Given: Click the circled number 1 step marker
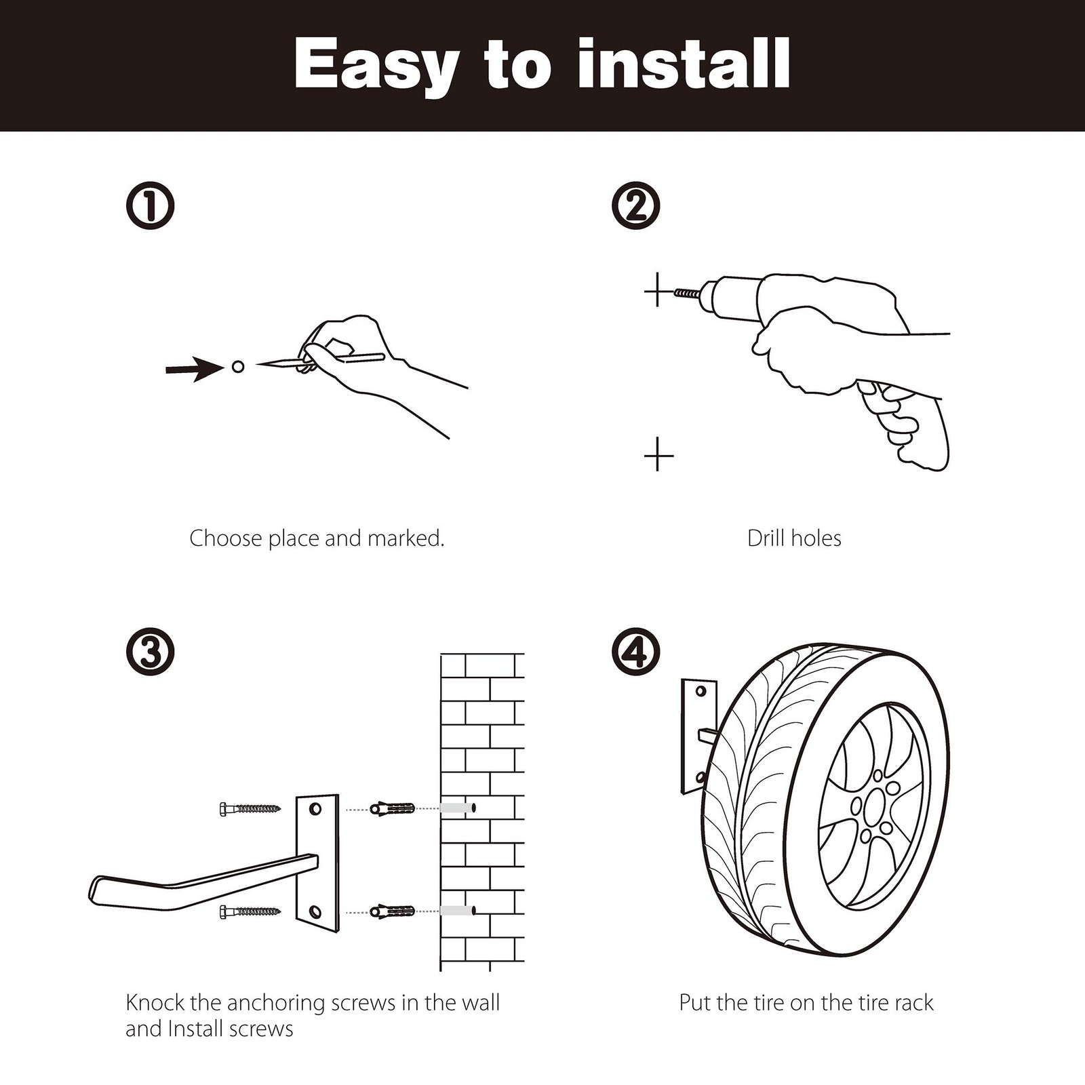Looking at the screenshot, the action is click(150, 205).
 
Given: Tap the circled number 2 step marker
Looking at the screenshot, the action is click(635, 205).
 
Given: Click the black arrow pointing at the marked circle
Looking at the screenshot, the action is click(195, 369).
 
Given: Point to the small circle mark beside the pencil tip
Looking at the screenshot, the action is click(238, 367).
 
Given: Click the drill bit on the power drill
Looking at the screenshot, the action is click(688, 293).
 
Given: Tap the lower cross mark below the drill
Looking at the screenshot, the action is click(658, 454).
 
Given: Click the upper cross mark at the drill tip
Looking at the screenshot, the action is click(657, 292).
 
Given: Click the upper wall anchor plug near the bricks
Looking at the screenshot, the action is click(392, 809).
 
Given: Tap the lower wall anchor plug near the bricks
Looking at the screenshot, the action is click(392, 911).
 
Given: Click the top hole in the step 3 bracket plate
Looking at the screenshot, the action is click(315, 809).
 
